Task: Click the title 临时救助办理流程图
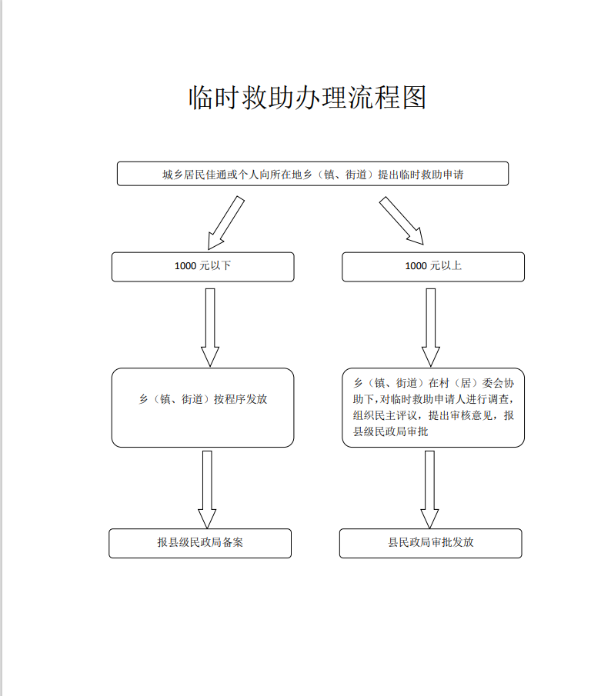click(307, 98)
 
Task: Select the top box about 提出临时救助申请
click(312, 174)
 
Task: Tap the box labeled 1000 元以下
click(202, 267)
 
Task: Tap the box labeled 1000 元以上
click(433, 267)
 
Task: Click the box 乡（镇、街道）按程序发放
click(202, 408)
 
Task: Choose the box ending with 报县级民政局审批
click(433, 408)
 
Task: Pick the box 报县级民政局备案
click(200, 543)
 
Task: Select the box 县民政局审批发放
click(431, 543)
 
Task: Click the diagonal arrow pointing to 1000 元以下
click(225, 221)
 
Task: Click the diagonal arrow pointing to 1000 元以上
click(402, 221)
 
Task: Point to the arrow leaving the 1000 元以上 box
click(431, 327)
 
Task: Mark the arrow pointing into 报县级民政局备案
click(207, 489)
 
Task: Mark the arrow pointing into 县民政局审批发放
click(429, 489)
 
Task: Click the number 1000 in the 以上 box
click(416, 267)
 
